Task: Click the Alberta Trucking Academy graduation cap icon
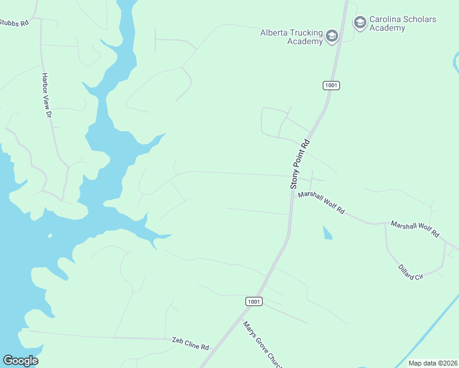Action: [x=332, y=37]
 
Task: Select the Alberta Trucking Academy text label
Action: [x=291, y=37]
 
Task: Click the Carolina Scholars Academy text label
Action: [x=403, y=23]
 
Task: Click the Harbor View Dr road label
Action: [x=45, y=94]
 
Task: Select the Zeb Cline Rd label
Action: [x=190, y=343]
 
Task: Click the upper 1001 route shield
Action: [x=331, y=85]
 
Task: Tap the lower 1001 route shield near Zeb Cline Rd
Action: [x=254, y=301]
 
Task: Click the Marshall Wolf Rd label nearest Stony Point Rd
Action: [x=321, y=204]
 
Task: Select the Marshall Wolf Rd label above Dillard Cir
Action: [x=415, y=229]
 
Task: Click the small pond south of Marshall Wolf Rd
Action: [x=327, y=232]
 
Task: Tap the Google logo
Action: [x=20, y=361]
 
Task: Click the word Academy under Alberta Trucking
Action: [x=306, y=41]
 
